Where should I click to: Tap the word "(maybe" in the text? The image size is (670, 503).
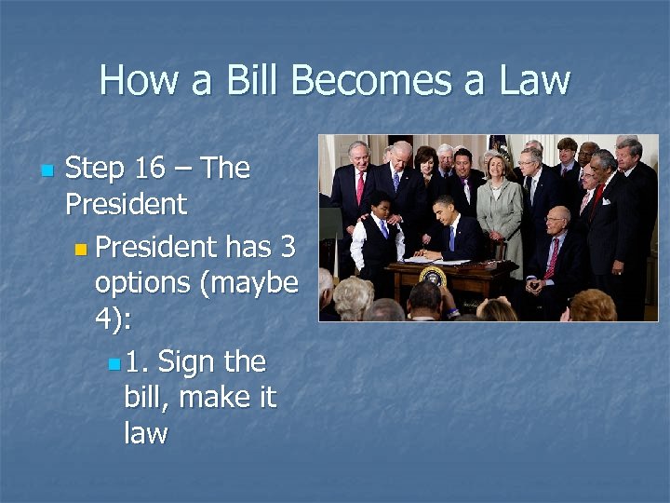pyautogui.click(x=253, y=284)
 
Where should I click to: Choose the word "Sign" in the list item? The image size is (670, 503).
pyautogui.click(x=212, y=362)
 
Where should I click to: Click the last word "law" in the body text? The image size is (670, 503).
pyautogui.click(x=145, y=433)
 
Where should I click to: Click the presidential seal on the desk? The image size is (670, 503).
pyautogui.click(x=433, y=278)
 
